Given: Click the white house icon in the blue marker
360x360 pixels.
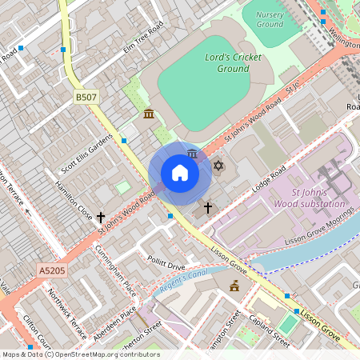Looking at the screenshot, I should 180,172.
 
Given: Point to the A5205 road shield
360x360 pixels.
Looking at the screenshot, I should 51,272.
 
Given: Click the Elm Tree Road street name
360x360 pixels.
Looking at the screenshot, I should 143,34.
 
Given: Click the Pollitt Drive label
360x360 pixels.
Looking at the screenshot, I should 166,265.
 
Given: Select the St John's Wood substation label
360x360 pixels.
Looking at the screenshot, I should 315,198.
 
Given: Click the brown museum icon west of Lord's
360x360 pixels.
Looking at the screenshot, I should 149,115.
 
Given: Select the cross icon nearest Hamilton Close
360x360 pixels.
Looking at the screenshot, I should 101,216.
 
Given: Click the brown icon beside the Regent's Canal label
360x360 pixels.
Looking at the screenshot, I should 234,286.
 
